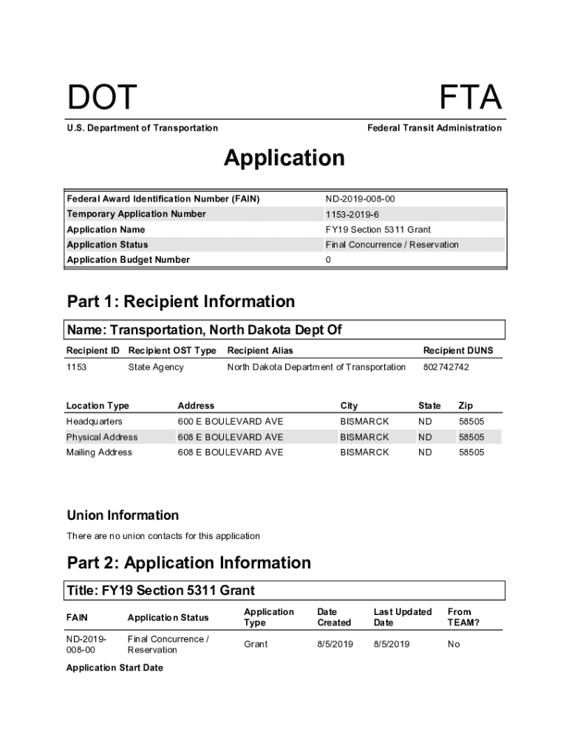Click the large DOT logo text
click(x=102, y=98)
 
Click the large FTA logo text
click(x=470, y=98)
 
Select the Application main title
click(x=284, y=158)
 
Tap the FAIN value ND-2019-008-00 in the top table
click(x=365, y=199)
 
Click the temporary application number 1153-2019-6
click(x=352, y=214)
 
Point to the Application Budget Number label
click(x=128, y=260)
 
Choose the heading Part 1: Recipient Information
click(x=180, y=301)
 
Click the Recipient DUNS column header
click(x=457, y=351)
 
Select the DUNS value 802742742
click(x=446, y=367)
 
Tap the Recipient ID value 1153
click(x=76, y=367)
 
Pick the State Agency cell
click(x=156, y=367)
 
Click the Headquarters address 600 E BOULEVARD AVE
click(x=230, y=422)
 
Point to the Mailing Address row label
click(x=99, y=453)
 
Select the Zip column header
click(x=466, y=406)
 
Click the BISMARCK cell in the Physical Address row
click(x=364, y=437)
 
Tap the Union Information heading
click(x=123, y=515)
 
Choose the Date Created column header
click(x=334, y=617)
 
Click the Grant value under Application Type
click(x=256, y=645)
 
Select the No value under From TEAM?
click(x=453, y=645)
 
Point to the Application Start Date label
click(x=115, y=668)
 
